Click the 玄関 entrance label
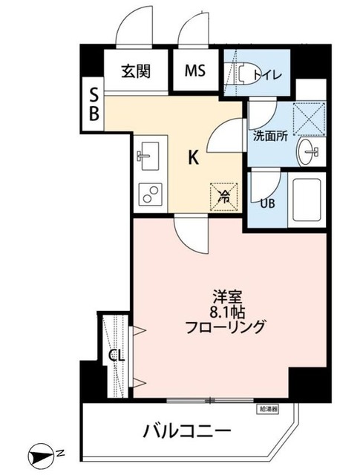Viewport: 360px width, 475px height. (137, 71)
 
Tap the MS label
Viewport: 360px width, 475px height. (195, 71)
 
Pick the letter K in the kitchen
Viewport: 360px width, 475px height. (192, 157)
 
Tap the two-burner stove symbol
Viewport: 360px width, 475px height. (151, 194)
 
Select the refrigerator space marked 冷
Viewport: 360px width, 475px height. (225, 196)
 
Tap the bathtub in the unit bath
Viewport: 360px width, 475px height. (307, 200)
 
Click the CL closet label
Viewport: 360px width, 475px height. (115, 356)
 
